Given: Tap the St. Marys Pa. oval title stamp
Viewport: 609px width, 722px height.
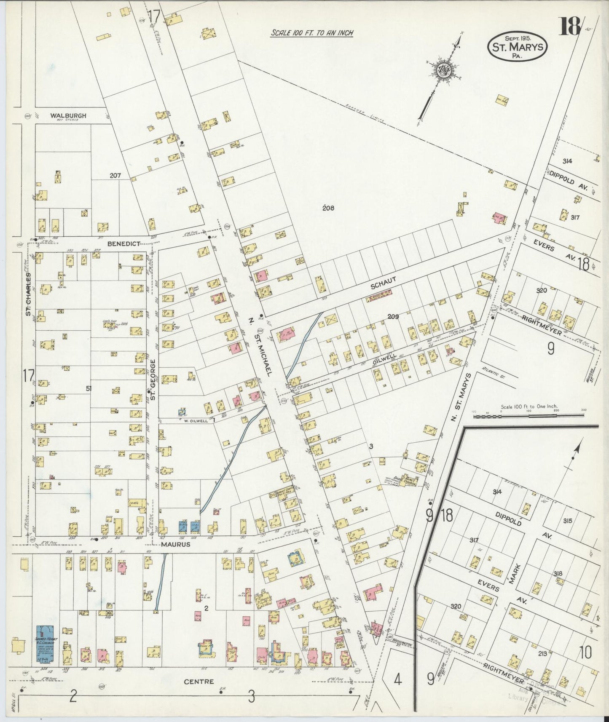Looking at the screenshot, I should coord(517,47).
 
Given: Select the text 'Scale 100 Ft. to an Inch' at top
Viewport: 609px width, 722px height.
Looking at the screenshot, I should coord(311,33).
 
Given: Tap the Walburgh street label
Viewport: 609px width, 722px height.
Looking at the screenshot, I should coord(68,115).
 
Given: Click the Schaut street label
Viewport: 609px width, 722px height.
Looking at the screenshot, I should coord(383,285).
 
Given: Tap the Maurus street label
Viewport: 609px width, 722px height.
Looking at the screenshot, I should coord(175,544).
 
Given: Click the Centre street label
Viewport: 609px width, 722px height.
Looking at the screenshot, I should coord(199,681).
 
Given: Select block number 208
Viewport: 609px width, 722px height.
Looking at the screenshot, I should coord(328,208).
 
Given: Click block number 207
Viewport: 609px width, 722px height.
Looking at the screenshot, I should coord(115,175).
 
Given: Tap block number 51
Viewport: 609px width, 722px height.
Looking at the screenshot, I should coord(89,388).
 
